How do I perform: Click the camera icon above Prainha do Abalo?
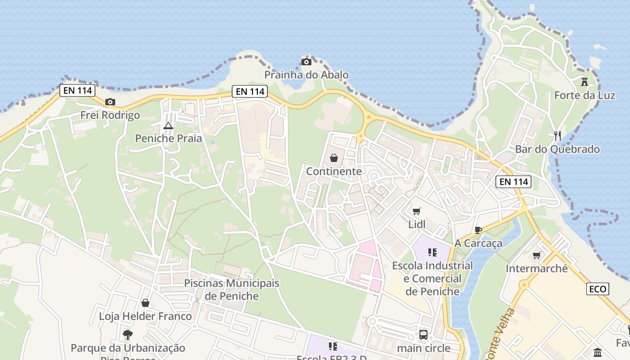tap(306, 62)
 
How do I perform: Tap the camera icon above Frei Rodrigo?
tap(110, 102)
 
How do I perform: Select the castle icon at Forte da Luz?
tap(585, 82)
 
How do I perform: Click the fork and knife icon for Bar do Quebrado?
tap(557, 135)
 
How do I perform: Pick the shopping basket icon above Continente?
tap(334, 158)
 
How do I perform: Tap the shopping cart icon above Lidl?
tap(417, 211)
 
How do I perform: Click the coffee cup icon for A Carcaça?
tap(478, 230)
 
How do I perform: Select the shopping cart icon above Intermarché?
tap(536, 256)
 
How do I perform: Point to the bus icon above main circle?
tap(423, 334)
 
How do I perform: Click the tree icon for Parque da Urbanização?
tap(128, 334)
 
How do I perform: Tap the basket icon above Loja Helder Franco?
tap(145, 303)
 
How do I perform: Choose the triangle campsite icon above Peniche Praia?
tap(168, 126)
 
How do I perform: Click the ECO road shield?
tap(598, 289)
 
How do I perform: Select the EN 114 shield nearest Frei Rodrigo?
tap(78, 90)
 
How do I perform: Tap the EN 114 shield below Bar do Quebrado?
tap(513, 182)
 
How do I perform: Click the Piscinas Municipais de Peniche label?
tap(232, 290)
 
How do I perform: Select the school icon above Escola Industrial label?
tap(432, 252)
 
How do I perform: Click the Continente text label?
tap(334, 171)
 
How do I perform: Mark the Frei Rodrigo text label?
tap(110, 115)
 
